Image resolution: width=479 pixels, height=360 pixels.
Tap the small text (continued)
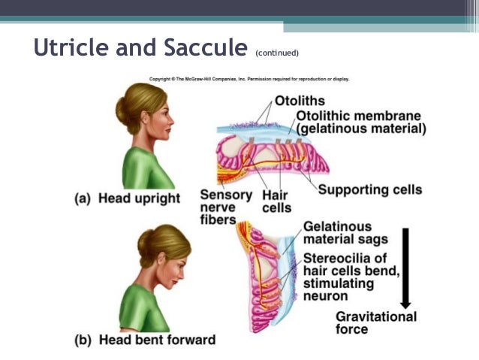pyautogui.click(x=277, y=53)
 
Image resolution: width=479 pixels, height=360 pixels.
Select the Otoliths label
pyautogui.click(x=300, y=100)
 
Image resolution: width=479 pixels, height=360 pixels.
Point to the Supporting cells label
pyautogui.click(x=369, y=189)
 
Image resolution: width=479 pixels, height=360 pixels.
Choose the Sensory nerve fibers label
pyautogui.click(x=220, y=207)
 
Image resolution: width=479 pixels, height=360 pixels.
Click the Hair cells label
pyautogui.click(x=276, y=201)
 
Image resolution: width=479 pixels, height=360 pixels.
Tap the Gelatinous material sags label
pyautogui.click(x=345, y=233)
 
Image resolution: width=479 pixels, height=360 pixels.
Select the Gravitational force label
pyautogui.click(x=375, y=322)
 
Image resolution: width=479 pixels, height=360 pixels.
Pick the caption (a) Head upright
pyautogui.click(x=128, y=198)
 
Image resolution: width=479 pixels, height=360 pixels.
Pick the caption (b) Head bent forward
pyautogui.click(x=145, y=340)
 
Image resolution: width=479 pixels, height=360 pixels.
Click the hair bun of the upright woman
pyautogui.click(x=122, y=113)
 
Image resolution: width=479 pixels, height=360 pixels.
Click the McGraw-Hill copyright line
pyautogui.click(x=249, y=78)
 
